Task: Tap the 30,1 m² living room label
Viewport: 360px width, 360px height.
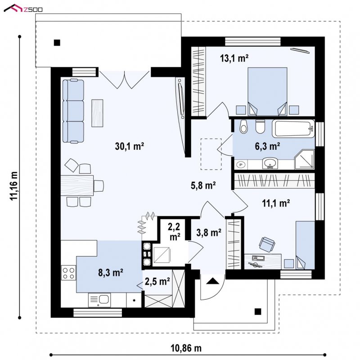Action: pyautogui.click(x=130, y=146)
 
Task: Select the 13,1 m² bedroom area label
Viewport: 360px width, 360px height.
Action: pyautogui.click(x=234, y=58)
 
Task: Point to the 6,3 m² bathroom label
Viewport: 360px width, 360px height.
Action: pyautogui.click(x=267, y=146)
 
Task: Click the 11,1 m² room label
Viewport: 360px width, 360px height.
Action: pyautogui.click(x=276, y=203)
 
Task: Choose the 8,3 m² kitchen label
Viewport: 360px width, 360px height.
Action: pyautogui.click(x=111, y=273)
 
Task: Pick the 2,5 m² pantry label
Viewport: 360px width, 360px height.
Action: pyautogui.click(x=157, y=281)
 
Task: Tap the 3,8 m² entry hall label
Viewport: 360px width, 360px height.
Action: pyautogui.click(x=209, y=233)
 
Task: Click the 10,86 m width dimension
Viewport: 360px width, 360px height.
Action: pyautogui.click(x=186, y=348)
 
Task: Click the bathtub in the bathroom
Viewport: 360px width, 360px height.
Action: pyautogui.click(x=293, y=129)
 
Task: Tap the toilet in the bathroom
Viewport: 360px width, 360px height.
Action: pyautogui.click(x=260, y=127)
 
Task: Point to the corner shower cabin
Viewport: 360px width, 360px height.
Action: pyautogui.click(x=304, y=160)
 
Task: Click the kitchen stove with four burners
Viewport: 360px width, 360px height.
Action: pyautogui.click(x=68, y=273)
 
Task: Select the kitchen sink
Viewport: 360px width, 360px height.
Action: pyautogui.click(x=99, y=300)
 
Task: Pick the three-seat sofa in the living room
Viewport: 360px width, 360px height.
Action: pyautogui.click(x=73, y=111)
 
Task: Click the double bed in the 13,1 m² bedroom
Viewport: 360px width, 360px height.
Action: pyautogui.click(x=267, y=91)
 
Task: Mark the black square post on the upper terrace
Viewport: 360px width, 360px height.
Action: pyautogui.click(x=57, y=43)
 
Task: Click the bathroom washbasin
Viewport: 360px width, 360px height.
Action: pyautogui.click(x=270, y=163)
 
